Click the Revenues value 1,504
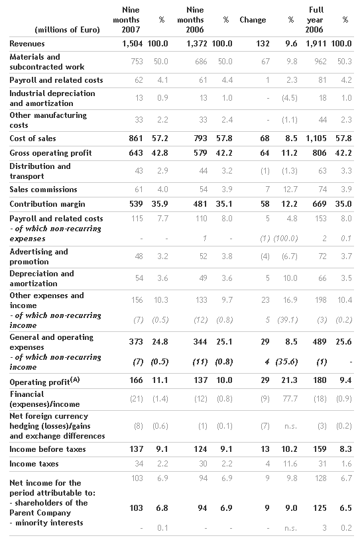coord(133,44)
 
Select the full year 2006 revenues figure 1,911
coord(316,44)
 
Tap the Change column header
coord(253,20)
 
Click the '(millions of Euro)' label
coord(67,30)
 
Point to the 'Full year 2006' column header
coord(316,20)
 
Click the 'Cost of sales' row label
coord(33,138)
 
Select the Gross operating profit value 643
coord(136,153)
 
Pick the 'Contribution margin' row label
coord(47,204)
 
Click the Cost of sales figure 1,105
coord(316,138)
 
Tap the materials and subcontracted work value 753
coord(137,62)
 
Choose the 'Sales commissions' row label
coord(43,190)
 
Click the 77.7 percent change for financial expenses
coord(290,399)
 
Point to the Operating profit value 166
coord(136,380)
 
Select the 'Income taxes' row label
coord(34,464)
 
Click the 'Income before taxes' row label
coord(47,449)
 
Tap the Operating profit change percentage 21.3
coord(290,380)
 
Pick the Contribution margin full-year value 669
coord(320,204)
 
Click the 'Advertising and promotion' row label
coord(38,256)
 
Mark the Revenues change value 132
coord(263,44)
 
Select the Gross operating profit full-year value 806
coord(320,153)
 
